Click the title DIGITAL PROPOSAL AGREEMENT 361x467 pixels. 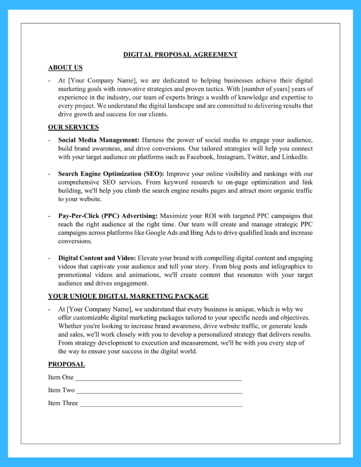coord(180,54)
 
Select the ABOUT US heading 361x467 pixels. coord(65,67)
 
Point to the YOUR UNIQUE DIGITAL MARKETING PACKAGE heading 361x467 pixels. coord(128,296)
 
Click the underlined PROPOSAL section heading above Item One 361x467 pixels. coord(66,364)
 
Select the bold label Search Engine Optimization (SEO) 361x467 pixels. coord(111,174)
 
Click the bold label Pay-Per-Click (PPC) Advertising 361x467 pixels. coord(108,216)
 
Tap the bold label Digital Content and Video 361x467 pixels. coord(97,258)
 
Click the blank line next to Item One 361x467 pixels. coord(158,378)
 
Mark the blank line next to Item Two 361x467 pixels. coord(159,391)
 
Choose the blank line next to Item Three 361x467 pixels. coord(161,404)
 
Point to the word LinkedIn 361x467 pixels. coord(295,157)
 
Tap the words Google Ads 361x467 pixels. coord(161,233)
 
